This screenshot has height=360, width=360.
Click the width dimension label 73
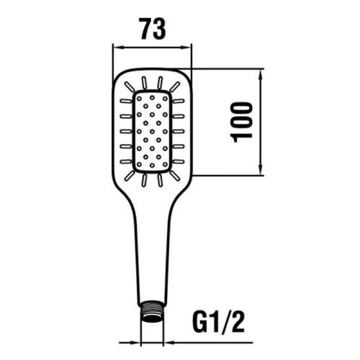click(152, 28)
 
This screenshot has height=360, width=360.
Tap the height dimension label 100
click(243, 122)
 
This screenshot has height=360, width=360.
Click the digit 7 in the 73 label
click(143, 28)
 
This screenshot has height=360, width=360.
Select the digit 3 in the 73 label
click(161, 28)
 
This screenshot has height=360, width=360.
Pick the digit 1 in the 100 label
click(243, 138)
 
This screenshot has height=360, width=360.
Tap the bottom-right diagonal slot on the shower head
click(176, 173)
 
